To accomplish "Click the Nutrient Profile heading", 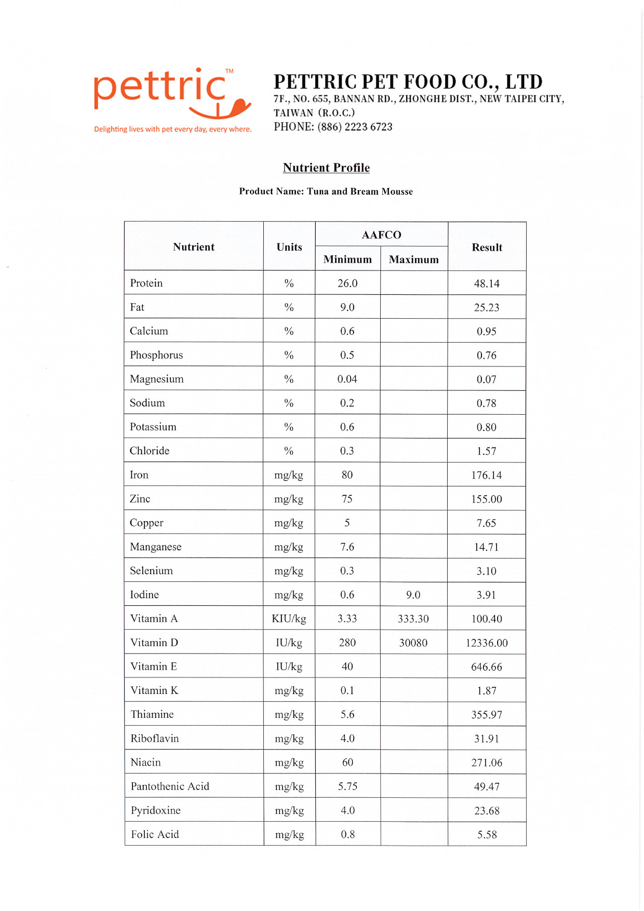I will [x=326, y=168].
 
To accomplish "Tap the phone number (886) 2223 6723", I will [x=355, y=127].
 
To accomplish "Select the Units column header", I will [x=289, y=247].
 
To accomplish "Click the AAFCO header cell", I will [x=381, y=235].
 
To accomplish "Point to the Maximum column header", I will [x=414, y=260].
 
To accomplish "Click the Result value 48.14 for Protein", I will [x=487, y=283].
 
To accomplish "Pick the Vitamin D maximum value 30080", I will [x=413, y=643].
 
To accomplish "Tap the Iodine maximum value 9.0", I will [x=413, y=595].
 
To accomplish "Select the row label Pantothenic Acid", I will [x=170, y=786].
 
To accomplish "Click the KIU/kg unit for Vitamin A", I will [x=289, y=619].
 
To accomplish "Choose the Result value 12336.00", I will [x=487, y=643].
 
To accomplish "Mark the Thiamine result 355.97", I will [x=487, y=715].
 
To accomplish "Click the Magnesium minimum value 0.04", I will [x=347, y=379].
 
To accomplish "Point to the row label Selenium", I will [x=151, y=571].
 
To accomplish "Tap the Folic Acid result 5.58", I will [x=487, y=835].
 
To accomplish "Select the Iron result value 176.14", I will [x=487, y=475].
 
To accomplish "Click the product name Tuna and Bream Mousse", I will [x=360, y=192].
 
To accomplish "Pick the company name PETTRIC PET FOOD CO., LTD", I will [x=408, y=82].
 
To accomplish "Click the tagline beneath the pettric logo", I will [x=172, y=129].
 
